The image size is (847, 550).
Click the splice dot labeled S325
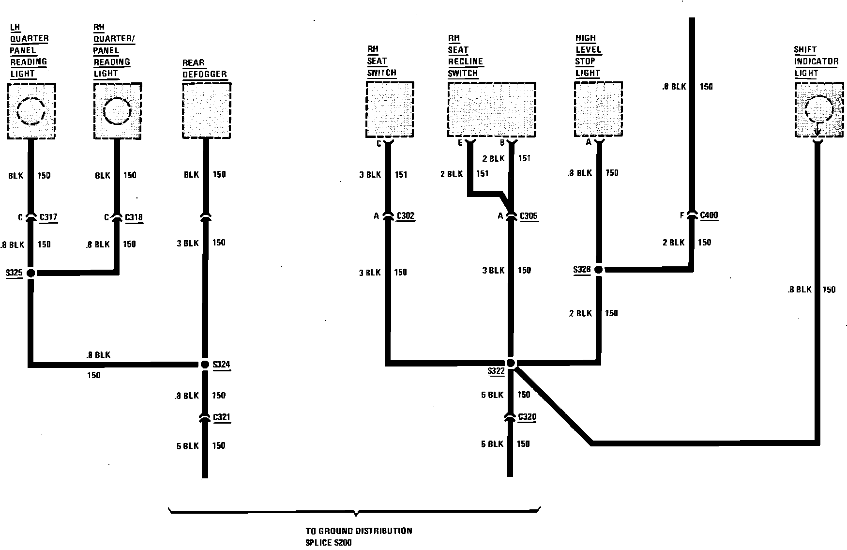(x=30, y=273)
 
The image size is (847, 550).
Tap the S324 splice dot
(x=205, y=364)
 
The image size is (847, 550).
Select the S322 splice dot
(x=511, y=363)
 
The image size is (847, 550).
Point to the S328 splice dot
(x=598, y=270)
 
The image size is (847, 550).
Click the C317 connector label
(x=48, y=217)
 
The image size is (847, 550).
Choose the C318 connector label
(x=134, y=217)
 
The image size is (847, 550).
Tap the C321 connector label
(x=222, y=417)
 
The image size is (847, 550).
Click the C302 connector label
(x=405, y=216)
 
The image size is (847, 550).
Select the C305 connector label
(x=529, y=216)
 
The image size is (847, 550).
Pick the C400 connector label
(x=709, y=215)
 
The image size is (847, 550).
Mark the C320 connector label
(x=527, y=417)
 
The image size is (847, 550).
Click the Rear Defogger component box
(x=206, y=110)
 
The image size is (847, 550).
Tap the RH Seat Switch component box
(x=390, y=109)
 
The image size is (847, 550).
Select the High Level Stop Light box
(x=598, y=109)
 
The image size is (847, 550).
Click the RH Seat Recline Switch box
(x=491, y=109)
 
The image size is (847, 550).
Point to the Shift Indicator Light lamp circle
(x=818, y=109)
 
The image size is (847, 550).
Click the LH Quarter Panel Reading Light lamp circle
(x=31, y=111)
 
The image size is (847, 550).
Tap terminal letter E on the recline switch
(x=460, y=142)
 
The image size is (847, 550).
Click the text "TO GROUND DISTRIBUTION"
(x=359, y=531)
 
